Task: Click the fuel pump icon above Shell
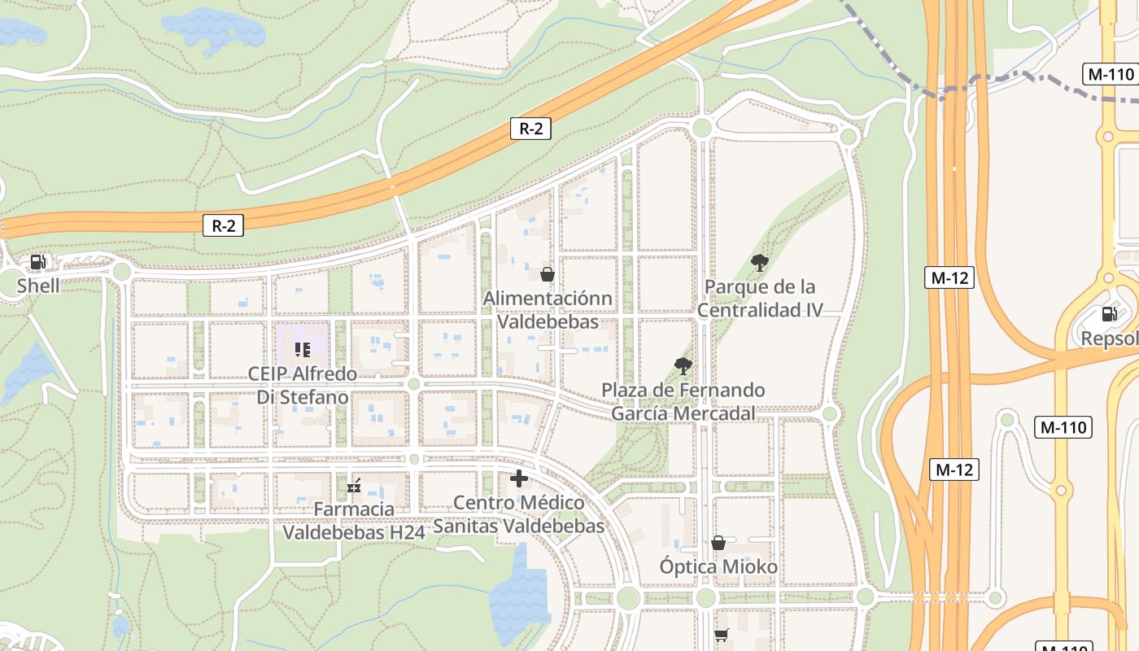tap(37, 262)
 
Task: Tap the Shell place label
tap(38, 286)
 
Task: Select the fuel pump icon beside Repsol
tap(1109, 313)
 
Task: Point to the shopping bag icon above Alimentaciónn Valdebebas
tap(548, 274)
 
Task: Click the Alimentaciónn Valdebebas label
tap(548, 310)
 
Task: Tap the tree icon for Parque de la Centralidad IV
tap(760, 262)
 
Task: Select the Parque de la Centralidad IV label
tap(760, 298)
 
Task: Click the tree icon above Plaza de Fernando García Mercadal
tap(683, 366)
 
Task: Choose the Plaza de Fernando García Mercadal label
tap(683, 402)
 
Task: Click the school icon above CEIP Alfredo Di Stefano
tap(303, 350)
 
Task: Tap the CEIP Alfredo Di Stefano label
tap(303, 386)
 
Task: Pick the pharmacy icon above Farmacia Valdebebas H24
tap(354, 486)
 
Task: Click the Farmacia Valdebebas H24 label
tap(354, 521)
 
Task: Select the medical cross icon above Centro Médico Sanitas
tap(519, 478)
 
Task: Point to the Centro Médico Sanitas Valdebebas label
tap(519, 514)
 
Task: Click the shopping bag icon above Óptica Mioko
tap(718, 542)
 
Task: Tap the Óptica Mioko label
tap(718, 566)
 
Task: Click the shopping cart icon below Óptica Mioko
tap(721, 635)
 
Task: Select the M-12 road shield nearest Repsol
tap(949, 277)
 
